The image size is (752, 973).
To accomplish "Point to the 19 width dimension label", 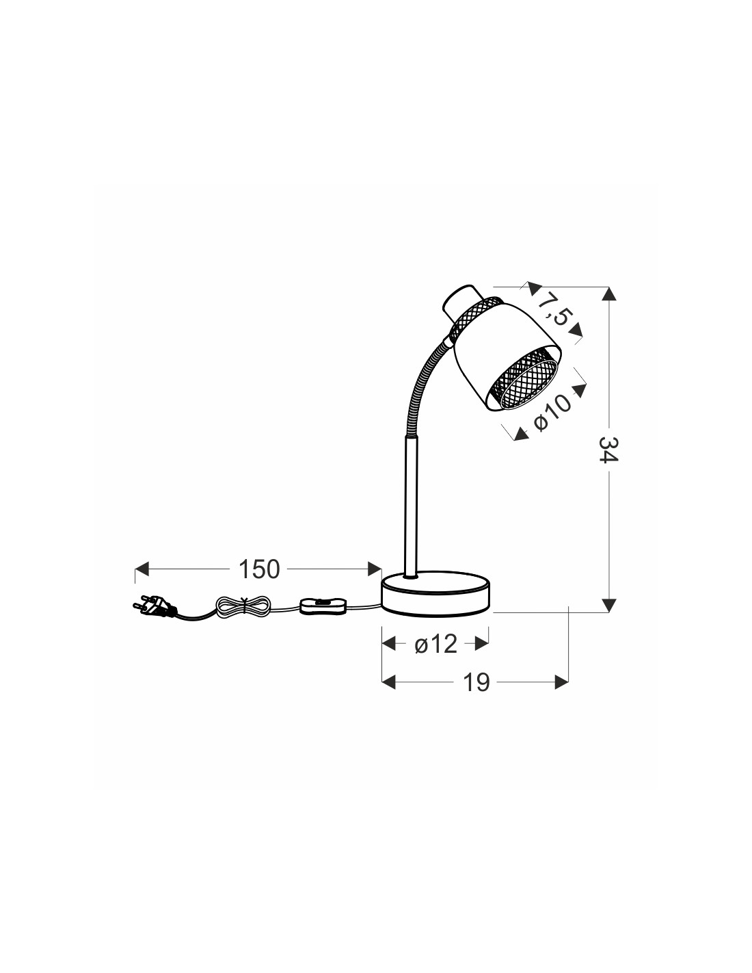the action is [476, 695].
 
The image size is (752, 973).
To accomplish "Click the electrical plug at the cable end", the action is [154, 605].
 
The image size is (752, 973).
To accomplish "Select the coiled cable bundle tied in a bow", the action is [242, 607].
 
